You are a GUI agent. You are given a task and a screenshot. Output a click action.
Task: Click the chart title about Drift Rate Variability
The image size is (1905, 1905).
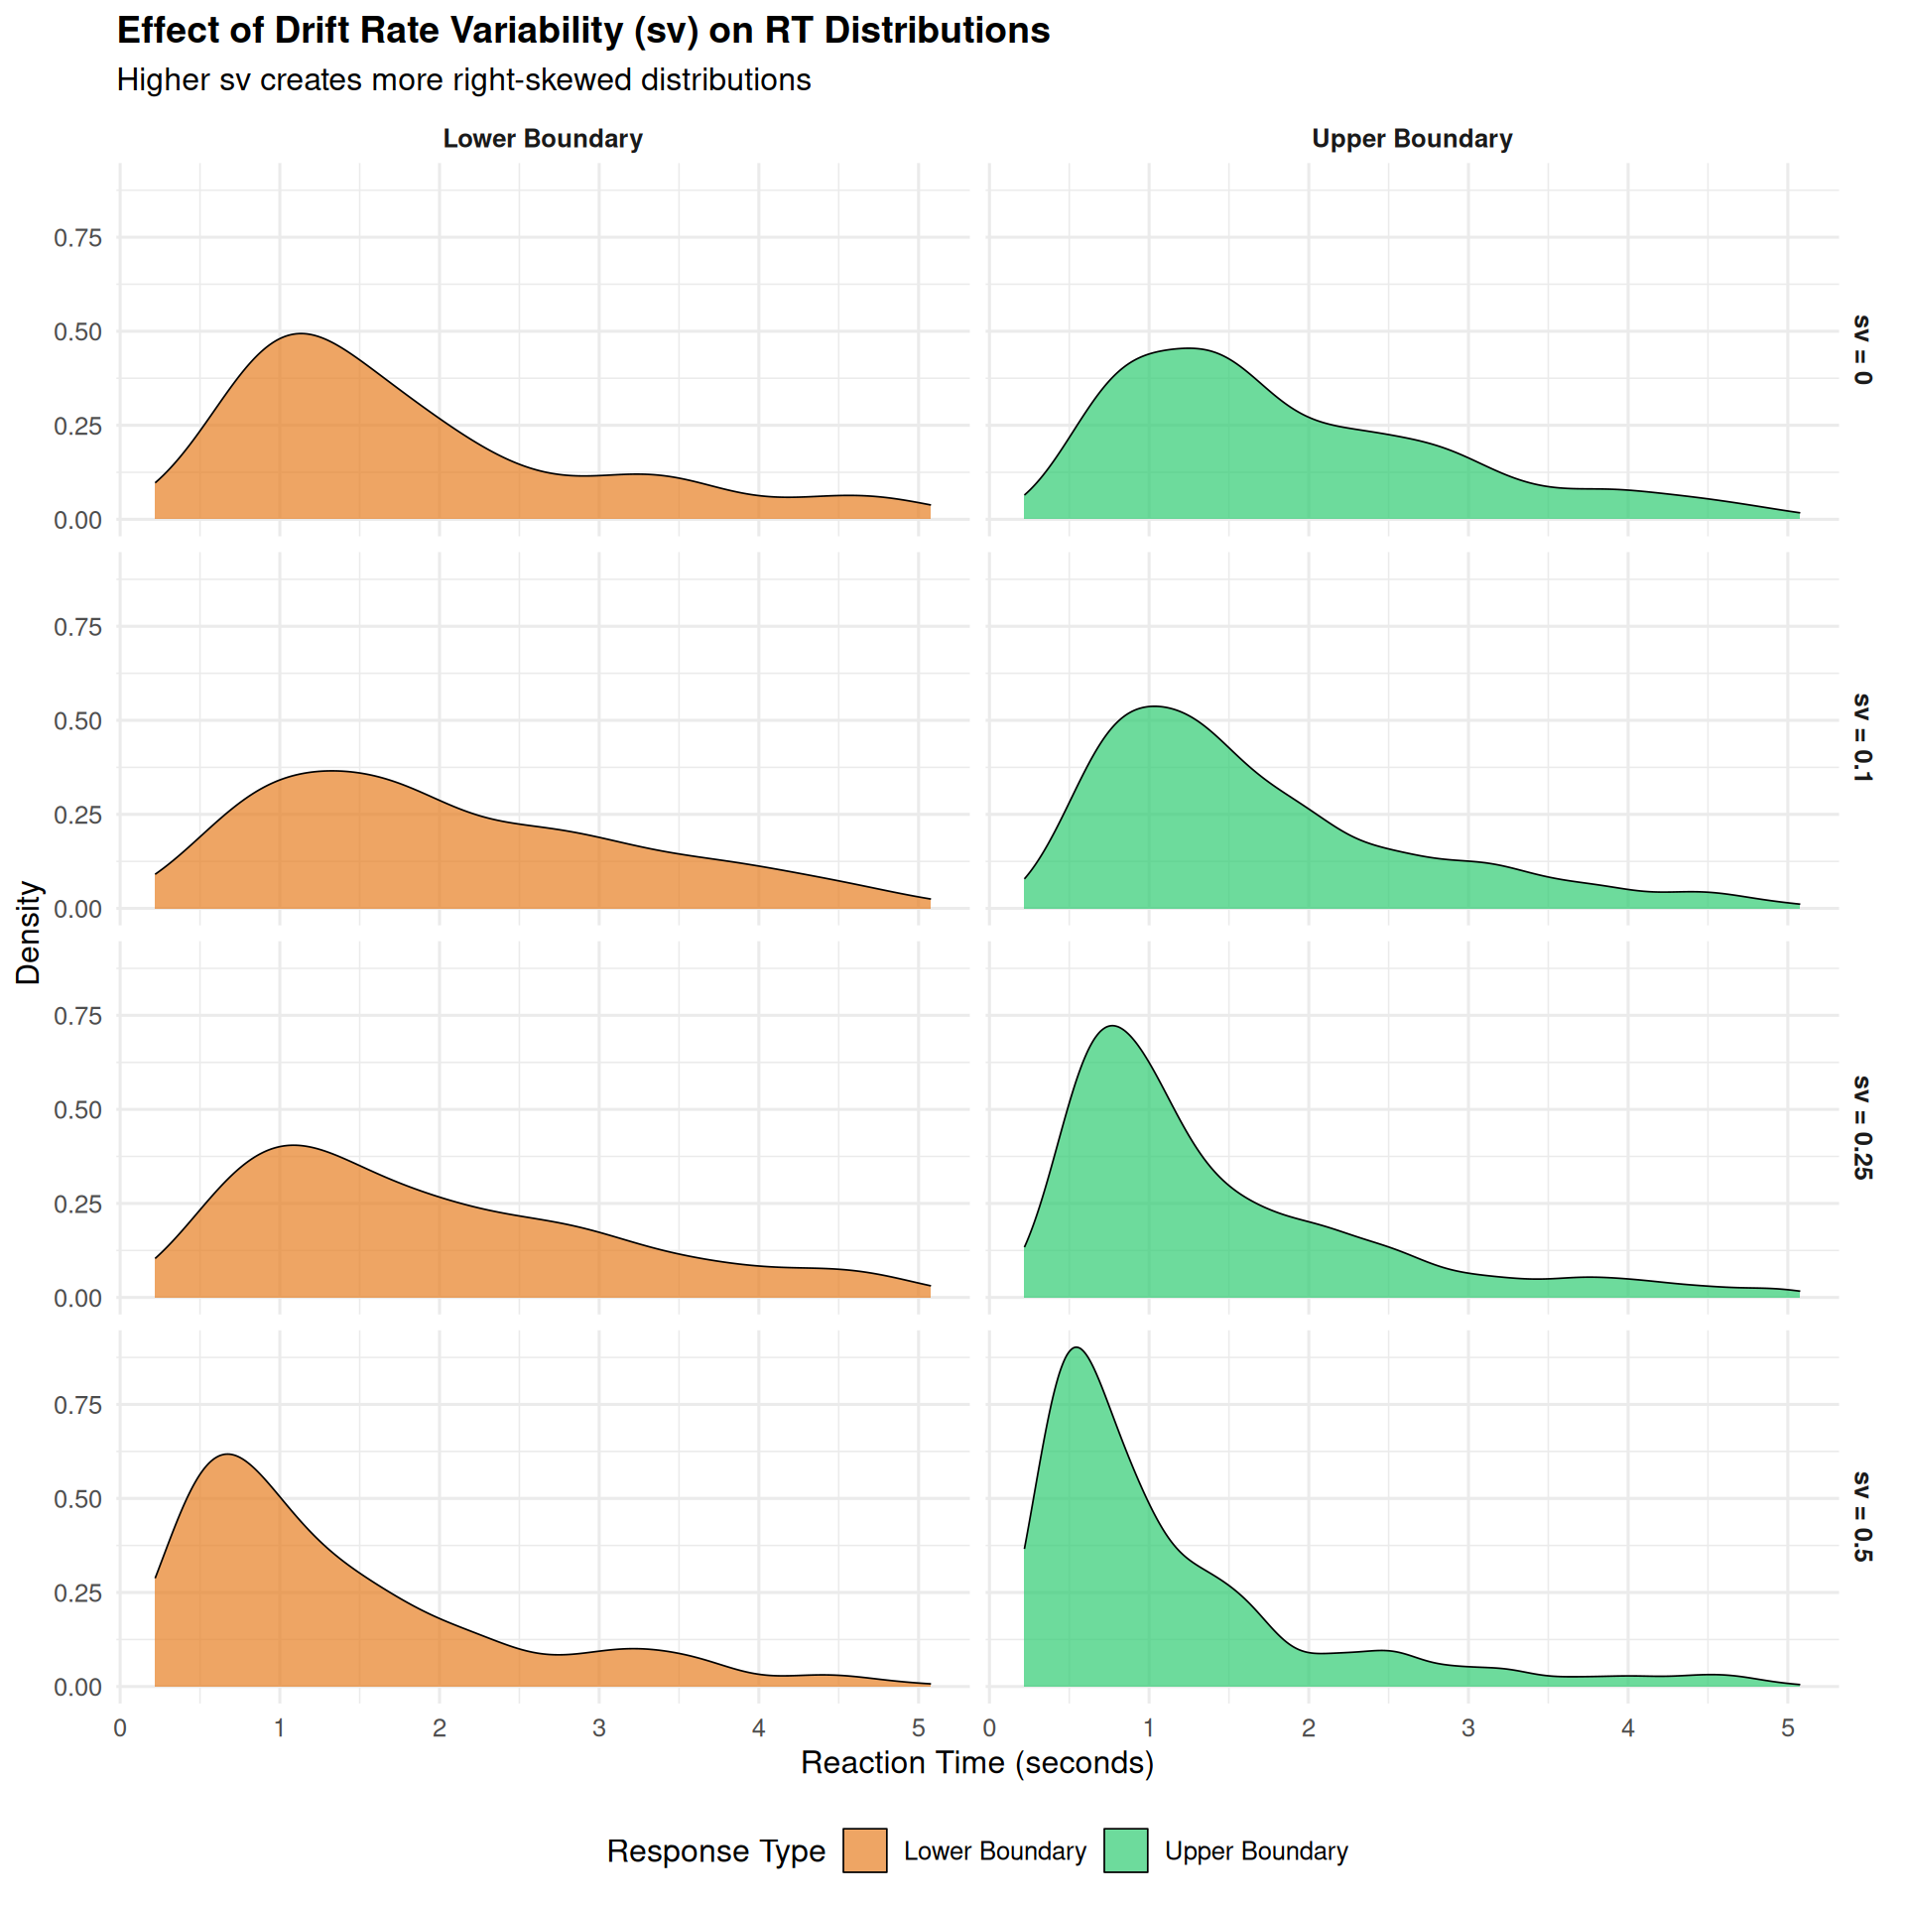pos(583,31)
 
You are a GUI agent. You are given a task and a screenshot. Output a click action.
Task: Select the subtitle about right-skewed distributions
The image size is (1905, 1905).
pos(463,80)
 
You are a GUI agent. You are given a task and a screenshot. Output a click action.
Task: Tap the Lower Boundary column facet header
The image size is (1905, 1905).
pos(543,139)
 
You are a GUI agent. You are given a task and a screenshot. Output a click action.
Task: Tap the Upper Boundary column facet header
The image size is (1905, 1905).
pos(1412,139)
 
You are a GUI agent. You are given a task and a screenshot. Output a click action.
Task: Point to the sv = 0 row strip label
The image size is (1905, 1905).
pos(1861,350)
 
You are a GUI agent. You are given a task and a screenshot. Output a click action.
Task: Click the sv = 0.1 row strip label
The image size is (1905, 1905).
pos(1861,737)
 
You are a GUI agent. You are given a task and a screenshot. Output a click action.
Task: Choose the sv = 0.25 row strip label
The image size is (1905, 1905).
pos(1861,1127)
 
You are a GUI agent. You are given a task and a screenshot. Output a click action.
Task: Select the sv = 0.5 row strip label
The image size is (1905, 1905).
pos(1861,1516)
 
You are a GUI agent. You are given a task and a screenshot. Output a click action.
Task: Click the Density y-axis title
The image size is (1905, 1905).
pos(29,933)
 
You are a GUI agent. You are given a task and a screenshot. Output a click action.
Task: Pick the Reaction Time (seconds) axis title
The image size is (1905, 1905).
pos(977,1762)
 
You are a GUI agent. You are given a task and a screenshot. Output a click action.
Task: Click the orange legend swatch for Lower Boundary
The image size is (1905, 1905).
pos(864,1850)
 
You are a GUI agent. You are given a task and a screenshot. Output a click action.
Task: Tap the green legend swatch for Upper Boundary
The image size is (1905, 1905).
pos(1125,1850)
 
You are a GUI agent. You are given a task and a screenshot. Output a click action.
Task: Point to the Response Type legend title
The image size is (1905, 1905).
pos(715,1851)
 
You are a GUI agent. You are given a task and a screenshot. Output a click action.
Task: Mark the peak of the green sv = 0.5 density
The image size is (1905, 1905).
pos(1077,1348)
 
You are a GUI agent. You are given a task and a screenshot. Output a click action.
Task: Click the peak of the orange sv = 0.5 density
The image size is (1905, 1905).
pos(228,1455)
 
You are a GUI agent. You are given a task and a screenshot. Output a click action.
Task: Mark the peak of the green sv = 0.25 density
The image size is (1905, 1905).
pos(1113,1026)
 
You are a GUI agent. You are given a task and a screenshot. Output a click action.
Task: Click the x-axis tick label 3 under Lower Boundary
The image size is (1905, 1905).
pos(598,1727)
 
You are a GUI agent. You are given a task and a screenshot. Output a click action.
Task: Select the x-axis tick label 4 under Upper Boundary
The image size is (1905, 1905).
pos(1627,1727)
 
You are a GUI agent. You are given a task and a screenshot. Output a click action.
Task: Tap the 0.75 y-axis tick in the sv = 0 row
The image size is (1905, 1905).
pos(77,238)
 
